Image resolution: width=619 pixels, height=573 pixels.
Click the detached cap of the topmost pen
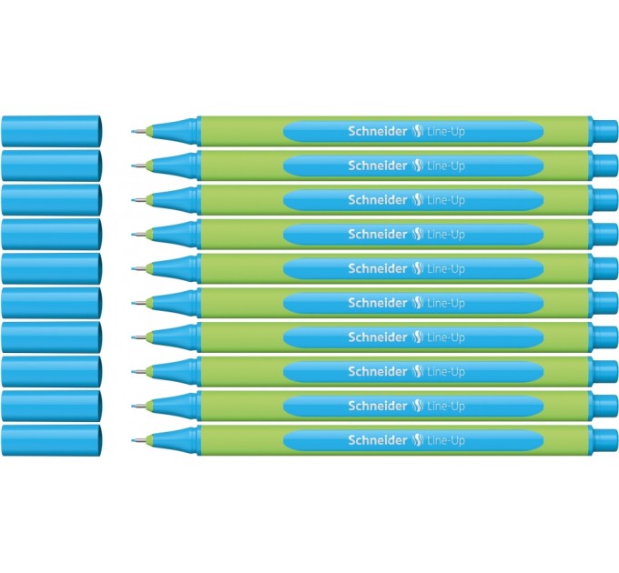52,131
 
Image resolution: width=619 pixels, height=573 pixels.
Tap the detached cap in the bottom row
52,440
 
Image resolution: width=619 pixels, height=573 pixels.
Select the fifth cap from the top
52,268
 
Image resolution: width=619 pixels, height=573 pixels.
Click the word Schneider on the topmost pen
378,131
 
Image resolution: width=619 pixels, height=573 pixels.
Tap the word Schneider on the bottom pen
378,440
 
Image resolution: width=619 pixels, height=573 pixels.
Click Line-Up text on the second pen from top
446,166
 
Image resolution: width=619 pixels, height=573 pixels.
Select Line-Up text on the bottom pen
446,440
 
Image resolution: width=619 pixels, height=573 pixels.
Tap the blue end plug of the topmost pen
605,131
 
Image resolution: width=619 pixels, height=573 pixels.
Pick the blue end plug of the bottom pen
605,440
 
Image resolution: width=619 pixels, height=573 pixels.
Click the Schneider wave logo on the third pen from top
417,200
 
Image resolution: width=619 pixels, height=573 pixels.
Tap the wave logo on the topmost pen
417,131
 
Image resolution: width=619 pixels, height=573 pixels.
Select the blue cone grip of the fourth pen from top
175,235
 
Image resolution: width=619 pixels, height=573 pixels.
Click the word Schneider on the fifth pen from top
378,268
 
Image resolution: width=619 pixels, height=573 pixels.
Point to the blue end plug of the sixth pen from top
605,303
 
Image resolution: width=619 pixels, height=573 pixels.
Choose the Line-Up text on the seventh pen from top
446,337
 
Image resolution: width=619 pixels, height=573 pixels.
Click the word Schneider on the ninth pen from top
378,406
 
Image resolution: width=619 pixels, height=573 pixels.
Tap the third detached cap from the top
52,199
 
